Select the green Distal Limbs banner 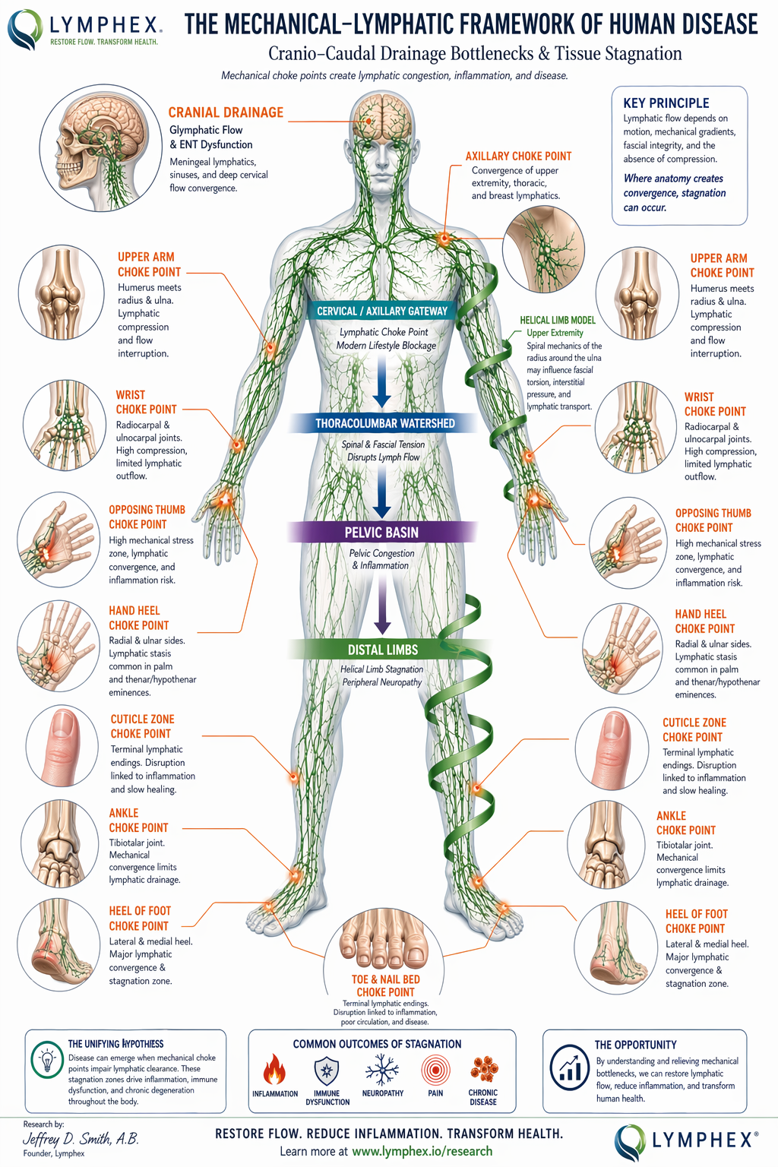(x=383, y=650)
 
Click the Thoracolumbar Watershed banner (x=384, y=423)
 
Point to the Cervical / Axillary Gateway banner (x=382, y=311)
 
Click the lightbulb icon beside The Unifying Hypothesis (x=48, y=1058)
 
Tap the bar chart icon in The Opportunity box (x=569, y=1063)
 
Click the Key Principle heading (x=666, y=103)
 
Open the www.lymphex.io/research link (x=422, y=1151)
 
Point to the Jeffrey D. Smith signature (x=81, y=1139)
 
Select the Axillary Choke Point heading (x=518, y=156)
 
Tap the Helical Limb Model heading (x=558, y=320)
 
